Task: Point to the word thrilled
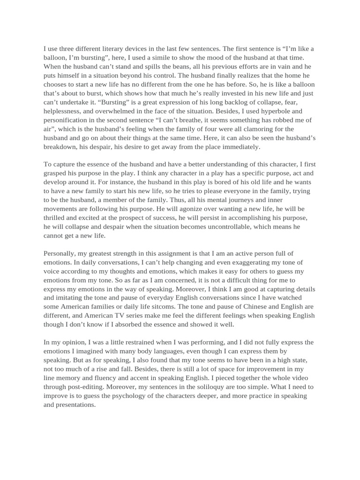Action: (x=56, y=218)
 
